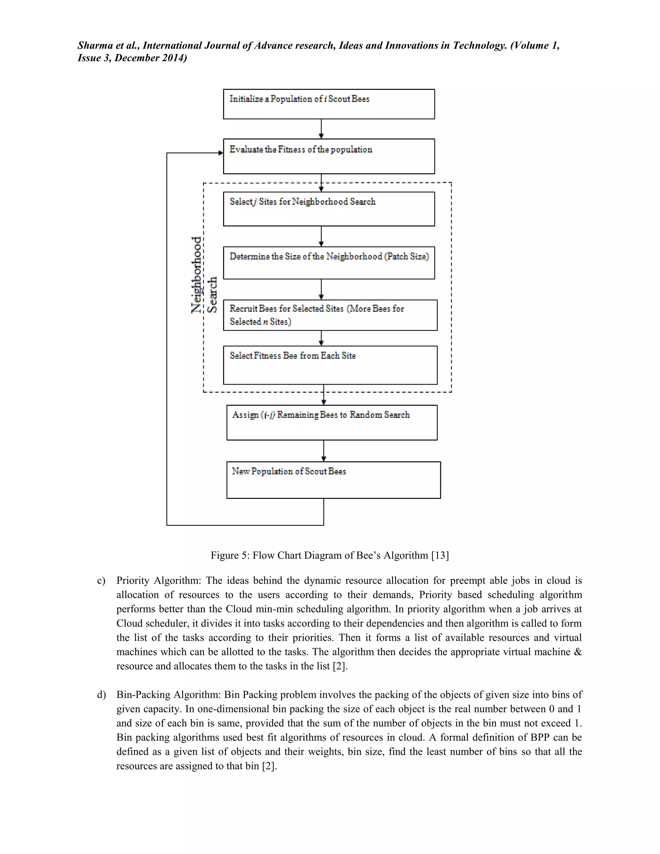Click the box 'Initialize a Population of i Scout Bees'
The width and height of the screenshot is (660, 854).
point(329,104)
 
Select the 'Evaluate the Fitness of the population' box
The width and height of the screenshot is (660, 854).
point(329,156)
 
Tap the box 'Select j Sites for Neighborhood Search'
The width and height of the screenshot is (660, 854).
point(329,209)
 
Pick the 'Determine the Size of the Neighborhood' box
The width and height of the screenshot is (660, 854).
point(329,263)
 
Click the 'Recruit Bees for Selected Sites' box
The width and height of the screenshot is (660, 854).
point(330,315)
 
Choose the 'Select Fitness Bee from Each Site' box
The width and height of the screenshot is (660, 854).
point(330,365)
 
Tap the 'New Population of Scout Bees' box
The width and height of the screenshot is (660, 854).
point(333,480)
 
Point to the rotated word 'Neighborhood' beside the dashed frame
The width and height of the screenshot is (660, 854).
point(197,275)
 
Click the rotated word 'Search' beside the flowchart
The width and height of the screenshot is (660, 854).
point(212,295)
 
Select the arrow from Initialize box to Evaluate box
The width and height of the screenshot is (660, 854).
point(321,129)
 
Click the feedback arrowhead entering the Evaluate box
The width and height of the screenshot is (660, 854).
point(220,153)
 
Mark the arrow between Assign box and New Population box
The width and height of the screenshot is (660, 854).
point(323,451)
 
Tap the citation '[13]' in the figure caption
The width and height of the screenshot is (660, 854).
point(440,555)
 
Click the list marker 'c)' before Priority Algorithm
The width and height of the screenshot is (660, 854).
point(101,581)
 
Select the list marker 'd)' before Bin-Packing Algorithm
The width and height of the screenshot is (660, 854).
point(101,695)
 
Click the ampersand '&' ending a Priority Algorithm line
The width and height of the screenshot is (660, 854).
point(578,652)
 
